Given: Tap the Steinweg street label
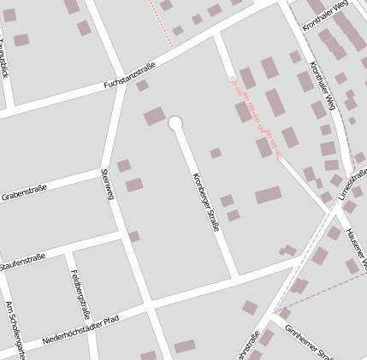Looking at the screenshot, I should tap(107, 184).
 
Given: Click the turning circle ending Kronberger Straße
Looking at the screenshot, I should tap(175, 123).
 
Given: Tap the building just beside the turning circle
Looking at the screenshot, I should tap(154, 115).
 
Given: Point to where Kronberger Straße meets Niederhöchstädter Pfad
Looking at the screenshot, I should tap(237, 276).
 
